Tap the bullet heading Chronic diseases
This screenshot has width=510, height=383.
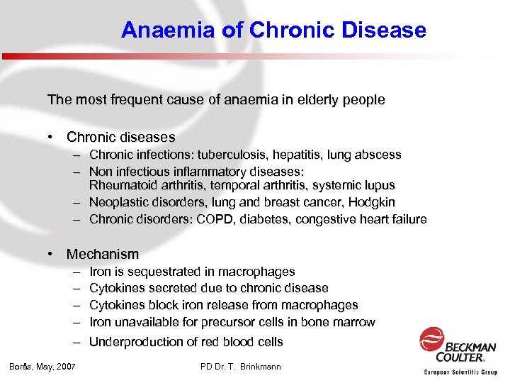pyautogui.click(x=120, y=137)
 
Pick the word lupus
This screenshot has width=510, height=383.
pyautogui.click(x=379, y=185)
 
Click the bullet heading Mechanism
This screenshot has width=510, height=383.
pyautogui.click(x=103, y=254)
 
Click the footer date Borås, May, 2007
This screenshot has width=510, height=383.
pyautogui.click(x=42, y=367)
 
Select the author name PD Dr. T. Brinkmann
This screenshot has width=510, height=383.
pyautogui.click(x=241, y=367)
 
